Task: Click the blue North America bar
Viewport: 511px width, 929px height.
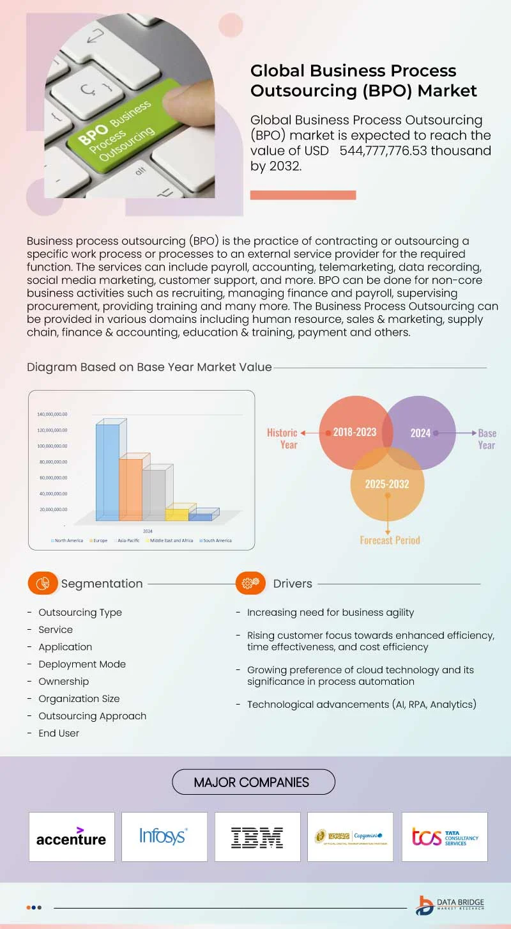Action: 107,472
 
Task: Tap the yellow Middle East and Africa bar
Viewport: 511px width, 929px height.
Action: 177,514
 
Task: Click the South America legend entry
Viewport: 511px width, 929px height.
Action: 216,541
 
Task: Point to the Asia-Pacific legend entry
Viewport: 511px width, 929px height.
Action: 128,541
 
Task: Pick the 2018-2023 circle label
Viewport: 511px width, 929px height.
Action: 355,432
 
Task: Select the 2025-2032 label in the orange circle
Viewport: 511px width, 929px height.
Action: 387,484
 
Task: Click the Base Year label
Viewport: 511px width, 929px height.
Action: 487,439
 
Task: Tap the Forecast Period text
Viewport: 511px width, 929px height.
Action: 390,540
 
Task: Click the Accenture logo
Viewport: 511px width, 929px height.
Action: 72,837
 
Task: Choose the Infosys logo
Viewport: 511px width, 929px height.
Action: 164,836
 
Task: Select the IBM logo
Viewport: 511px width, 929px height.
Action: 257,837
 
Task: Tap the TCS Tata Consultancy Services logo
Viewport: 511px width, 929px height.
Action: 445,837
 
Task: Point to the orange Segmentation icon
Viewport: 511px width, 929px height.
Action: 43,583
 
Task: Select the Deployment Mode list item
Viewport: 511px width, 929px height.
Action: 82,664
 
